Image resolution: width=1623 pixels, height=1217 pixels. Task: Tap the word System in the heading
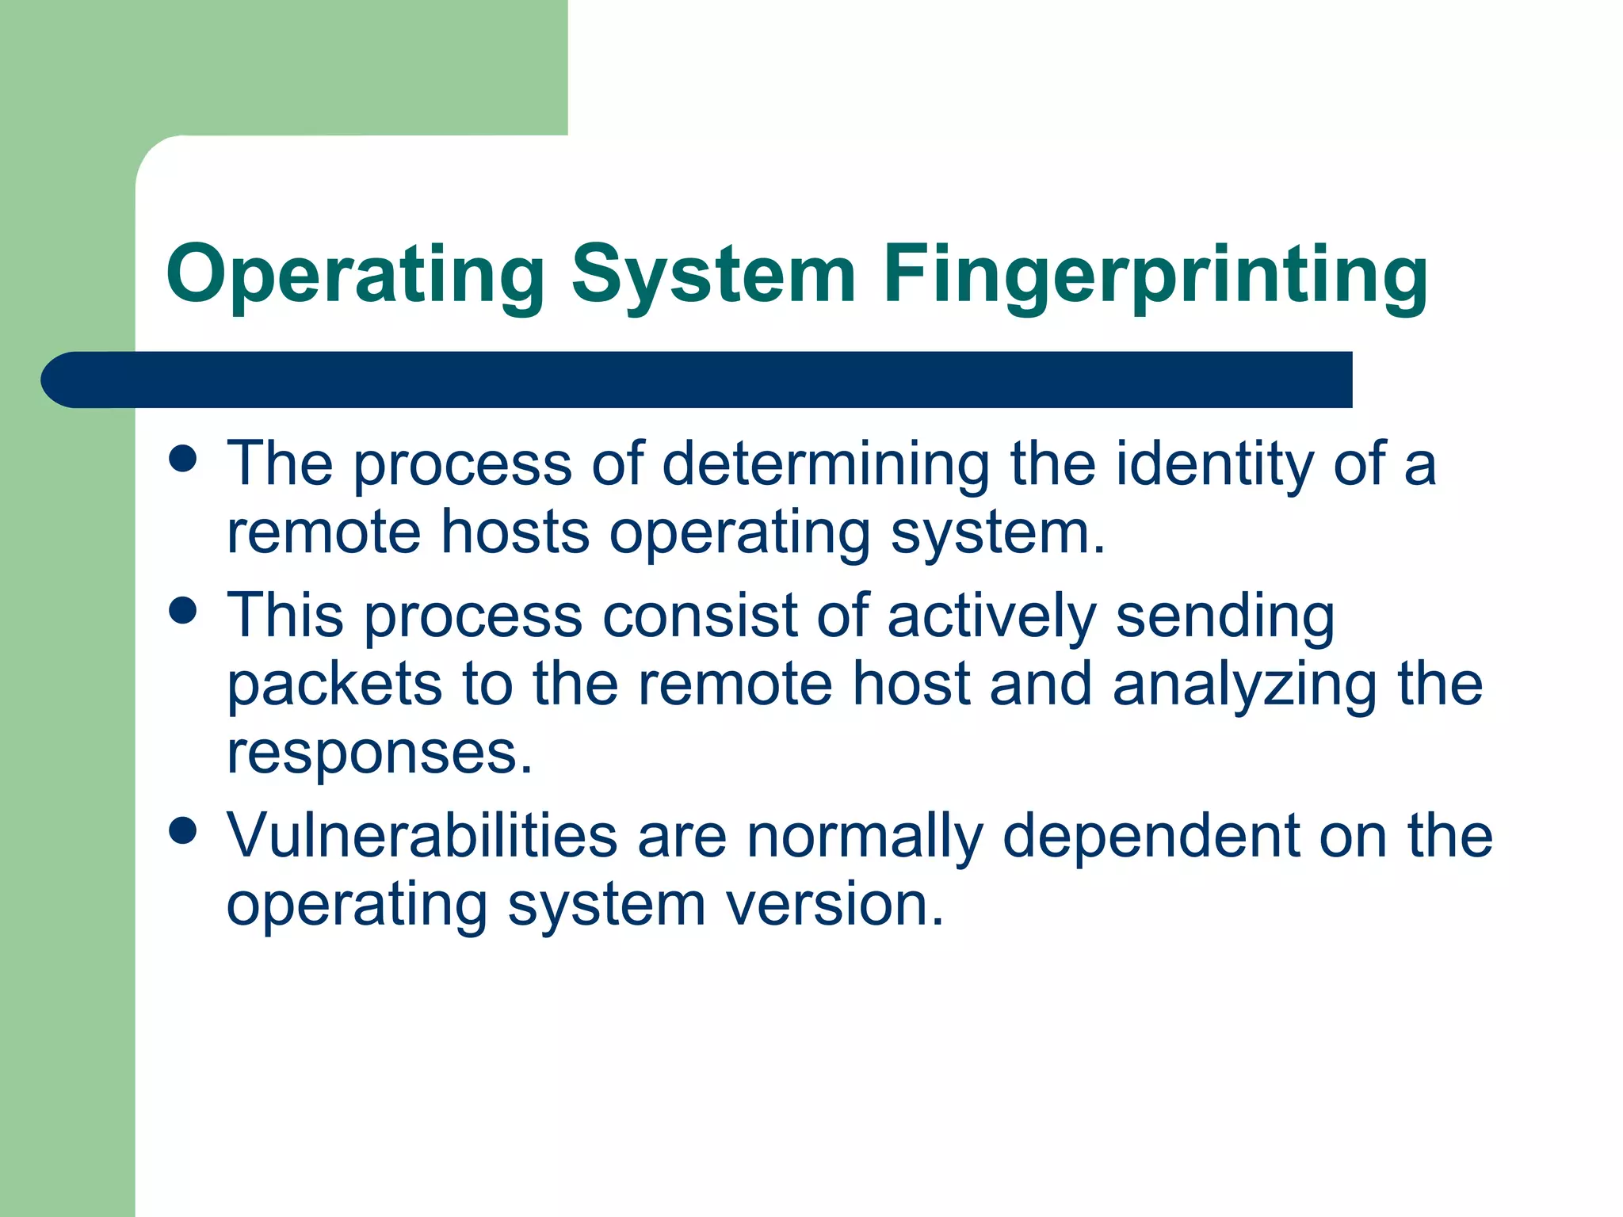coord(713,276)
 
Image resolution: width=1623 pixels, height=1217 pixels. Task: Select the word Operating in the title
coord(355,276)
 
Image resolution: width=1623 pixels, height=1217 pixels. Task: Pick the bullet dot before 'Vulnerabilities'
coord(183,831)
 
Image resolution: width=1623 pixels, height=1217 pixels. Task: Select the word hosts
coord(515,532)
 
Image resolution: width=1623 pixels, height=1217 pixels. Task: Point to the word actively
coord(991,616)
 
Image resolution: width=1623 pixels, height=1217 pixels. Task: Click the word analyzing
coord(1244,684)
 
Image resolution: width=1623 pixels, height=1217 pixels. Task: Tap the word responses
coord(380,753)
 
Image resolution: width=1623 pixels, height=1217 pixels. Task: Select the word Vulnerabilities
coord(422,835)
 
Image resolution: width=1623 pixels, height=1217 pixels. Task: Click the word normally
coord(865,835)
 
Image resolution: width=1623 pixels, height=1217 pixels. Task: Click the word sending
coord(1225,616)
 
